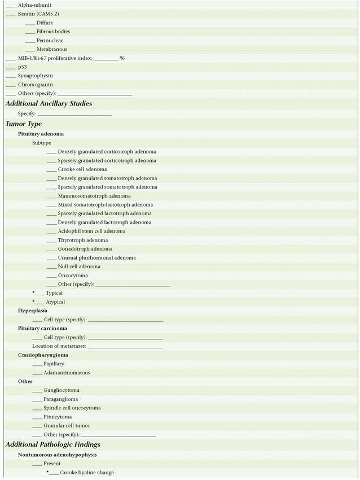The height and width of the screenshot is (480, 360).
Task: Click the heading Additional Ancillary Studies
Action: [x=49, y=103]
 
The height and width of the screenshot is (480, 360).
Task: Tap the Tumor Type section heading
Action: [x=24, y=124]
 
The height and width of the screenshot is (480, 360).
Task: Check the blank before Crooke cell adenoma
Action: [x=52, y=169]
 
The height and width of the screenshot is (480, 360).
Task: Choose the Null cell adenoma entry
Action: [x=79, y=267]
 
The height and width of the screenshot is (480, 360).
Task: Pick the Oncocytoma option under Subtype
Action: [x=73, y=276]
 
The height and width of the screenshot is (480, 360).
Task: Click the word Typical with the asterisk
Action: [x=54, y=293]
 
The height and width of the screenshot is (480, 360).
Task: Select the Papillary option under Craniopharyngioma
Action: [x=54, y=364]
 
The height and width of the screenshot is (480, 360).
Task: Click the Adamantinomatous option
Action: [x=67, y=373]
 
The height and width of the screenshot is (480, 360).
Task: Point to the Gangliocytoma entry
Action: [x=61, y=390]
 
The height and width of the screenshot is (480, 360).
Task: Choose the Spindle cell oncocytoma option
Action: [x=72, y=408]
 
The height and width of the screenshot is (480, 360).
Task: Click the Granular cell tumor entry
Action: [x=67, y=426]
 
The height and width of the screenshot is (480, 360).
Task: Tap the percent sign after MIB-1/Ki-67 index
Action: [x=122, y=58]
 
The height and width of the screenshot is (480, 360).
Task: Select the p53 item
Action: [x=22, y=67]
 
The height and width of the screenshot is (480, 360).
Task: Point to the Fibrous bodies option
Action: [x=53, y=32]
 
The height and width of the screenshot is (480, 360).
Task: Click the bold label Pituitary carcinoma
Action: [x=42, y=328]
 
